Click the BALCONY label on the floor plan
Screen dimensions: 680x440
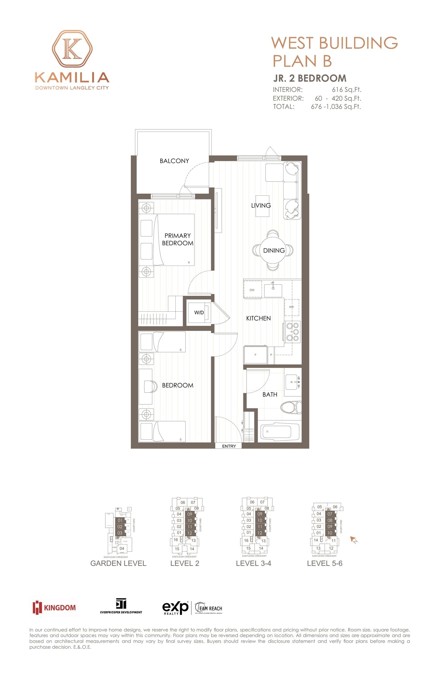click(174, 161)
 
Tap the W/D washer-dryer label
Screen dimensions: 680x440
click(199, 313)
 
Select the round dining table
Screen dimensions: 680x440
click(273, 250)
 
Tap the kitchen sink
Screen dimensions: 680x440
click(273, 290)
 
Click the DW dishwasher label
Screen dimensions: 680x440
click(252, 290)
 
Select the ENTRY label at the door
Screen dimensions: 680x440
click(229, 446)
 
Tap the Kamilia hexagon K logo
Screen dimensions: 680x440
click(72, 49)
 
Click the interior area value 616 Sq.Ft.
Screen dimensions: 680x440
click(346, 90)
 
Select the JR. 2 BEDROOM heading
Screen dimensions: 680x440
click(310, 78)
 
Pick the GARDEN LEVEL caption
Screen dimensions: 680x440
click(118, 563)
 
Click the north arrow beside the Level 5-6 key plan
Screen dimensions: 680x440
click(353, 540)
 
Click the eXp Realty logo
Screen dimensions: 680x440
click(175, 608)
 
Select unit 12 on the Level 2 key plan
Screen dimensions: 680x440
click(190, 533)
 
